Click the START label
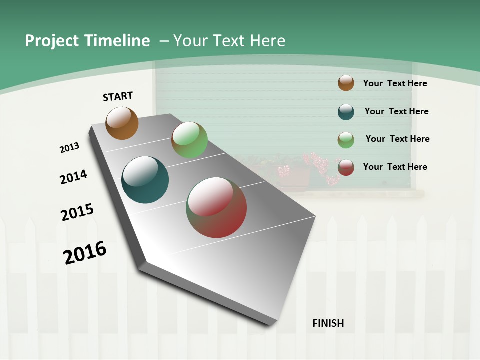118,96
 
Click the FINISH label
328,323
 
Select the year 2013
69,148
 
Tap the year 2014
73,177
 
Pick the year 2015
77,212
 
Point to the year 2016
85,253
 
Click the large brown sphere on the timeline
122,123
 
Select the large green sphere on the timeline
189,140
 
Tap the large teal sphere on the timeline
145,180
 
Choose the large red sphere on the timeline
216,207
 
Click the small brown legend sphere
346,83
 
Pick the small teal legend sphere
346,112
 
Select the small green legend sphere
346,140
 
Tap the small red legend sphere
346,167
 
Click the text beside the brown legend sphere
395,83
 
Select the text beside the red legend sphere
395,167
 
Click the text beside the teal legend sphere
396,111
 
